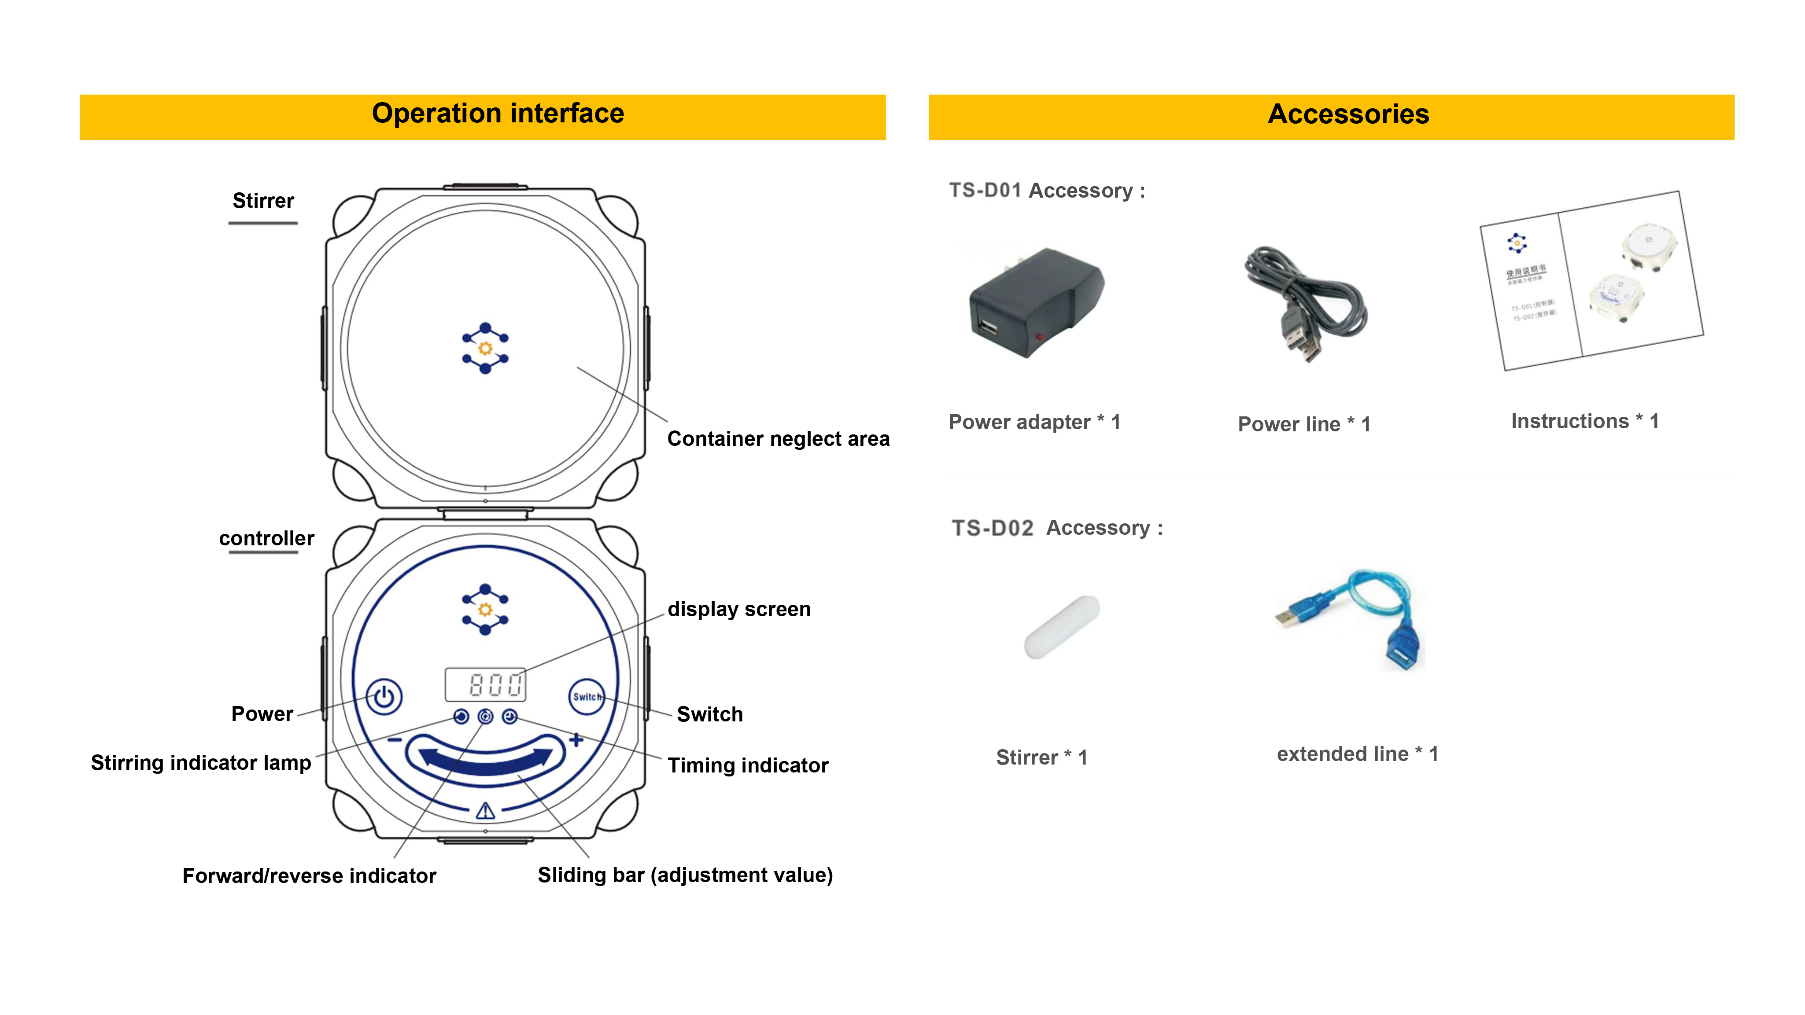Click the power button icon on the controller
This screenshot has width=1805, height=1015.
384,696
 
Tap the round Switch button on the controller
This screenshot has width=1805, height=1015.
587,696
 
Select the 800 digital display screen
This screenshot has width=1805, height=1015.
486,684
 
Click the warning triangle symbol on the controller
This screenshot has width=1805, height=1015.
486,811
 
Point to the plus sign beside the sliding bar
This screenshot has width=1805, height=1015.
576,740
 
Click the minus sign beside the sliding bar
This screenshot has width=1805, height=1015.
395,740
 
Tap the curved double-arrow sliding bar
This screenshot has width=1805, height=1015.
486,759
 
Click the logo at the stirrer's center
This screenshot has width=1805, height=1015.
485,348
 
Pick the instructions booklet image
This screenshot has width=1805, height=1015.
1591,280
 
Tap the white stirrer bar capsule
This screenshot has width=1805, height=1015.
1062,627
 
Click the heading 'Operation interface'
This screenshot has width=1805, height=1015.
498,114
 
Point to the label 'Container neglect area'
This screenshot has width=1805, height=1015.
778,439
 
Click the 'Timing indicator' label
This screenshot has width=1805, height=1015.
748,765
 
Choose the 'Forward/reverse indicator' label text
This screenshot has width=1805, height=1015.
309,875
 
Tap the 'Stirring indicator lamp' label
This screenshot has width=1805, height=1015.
201,763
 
